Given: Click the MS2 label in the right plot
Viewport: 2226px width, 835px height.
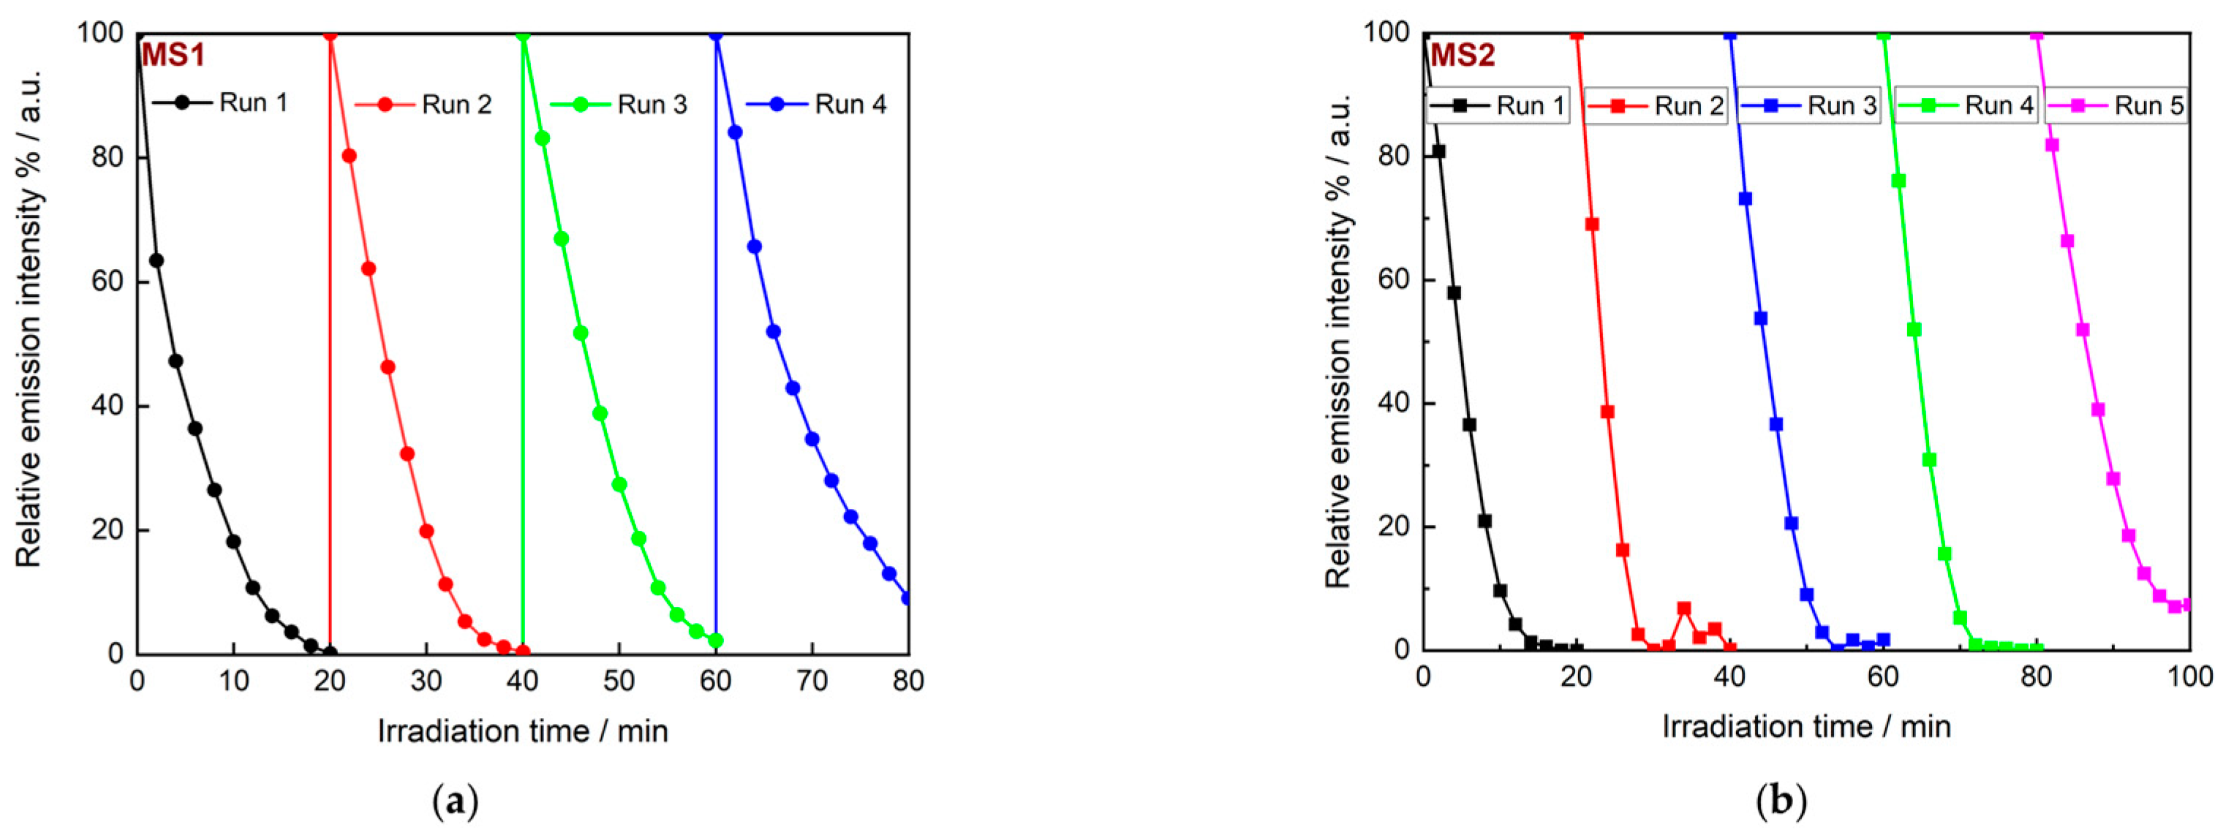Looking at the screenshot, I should pos(1462,56).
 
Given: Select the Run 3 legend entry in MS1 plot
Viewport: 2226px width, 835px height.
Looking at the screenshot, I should pos(619,105).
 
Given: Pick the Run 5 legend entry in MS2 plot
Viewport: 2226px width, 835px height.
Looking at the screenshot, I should pos(2116,105).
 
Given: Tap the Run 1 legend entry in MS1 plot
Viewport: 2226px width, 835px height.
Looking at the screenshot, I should pos(220,103).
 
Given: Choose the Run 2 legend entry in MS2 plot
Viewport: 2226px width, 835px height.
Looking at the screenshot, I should pos(1656,105).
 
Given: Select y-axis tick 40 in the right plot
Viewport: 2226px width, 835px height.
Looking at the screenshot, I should pos(1395,404).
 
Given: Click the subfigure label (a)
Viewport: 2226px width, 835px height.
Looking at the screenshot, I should pos(455,802).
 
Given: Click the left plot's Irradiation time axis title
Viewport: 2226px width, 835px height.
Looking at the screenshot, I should pos(523,731).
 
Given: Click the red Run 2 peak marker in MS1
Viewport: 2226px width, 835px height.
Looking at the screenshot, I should pos(329,34).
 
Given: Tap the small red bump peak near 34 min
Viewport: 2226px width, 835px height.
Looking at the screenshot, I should pos(1684,608).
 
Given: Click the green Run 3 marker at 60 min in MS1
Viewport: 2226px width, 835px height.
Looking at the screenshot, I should pos(715,641).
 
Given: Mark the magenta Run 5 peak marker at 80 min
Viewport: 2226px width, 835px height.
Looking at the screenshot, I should pos(2037,34).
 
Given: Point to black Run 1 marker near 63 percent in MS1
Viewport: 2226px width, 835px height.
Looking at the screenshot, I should pos(156,260).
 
